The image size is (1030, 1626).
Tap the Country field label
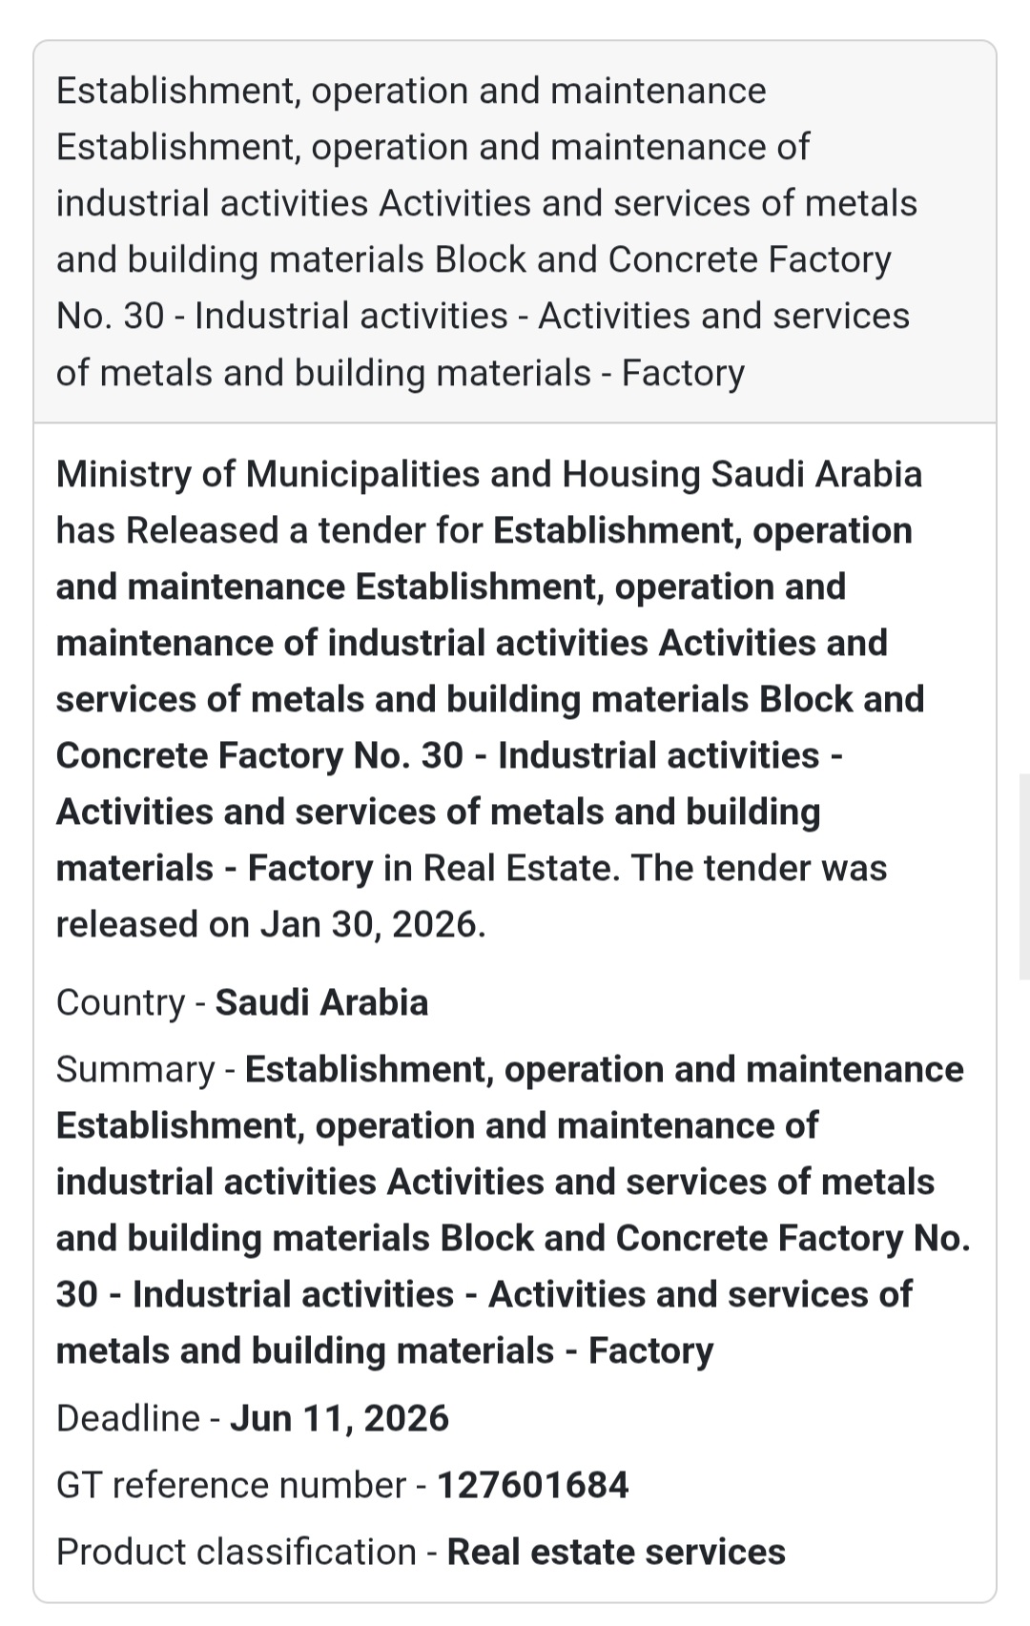(x=120, y=1002)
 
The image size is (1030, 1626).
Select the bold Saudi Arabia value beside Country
(x=321, y=1002)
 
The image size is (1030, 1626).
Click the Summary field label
(x=135, y=1069)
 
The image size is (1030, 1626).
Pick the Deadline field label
(x=128, y=1418)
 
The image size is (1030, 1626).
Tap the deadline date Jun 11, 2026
(x=340, y=1418)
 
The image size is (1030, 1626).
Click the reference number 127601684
(x=532, y=1485)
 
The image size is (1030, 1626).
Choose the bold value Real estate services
(x=616, y=1552)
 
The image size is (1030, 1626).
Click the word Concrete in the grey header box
(x=682, y=259)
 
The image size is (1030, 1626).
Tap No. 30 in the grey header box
(x=110, y=316)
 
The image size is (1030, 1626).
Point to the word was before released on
(x=853, y=868)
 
